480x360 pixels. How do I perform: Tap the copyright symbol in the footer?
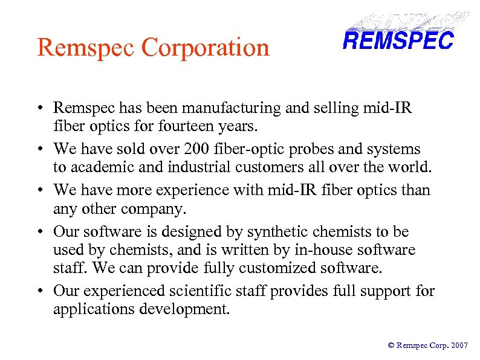tap(391, 346)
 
